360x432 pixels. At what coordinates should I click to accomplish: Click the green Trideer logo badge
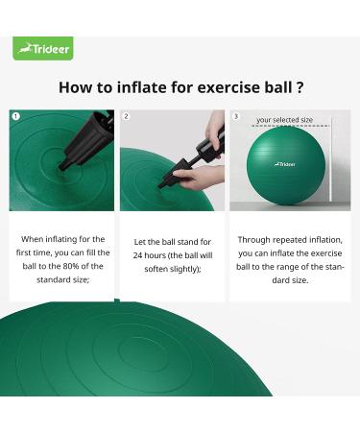pos(43,48)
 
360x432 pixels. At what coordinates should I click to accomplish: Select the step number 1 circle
pos(15,116)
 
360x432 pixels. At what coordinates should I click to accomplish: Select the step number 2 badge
pos(126,116)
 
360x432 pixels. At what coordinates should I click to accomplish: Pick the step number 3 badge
pos(236,116)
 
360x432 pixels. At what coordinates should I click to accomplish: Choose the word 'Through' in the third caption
pos(254,241)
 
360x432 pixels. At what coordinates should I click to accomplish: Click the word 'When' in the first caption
pos(34,241)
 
